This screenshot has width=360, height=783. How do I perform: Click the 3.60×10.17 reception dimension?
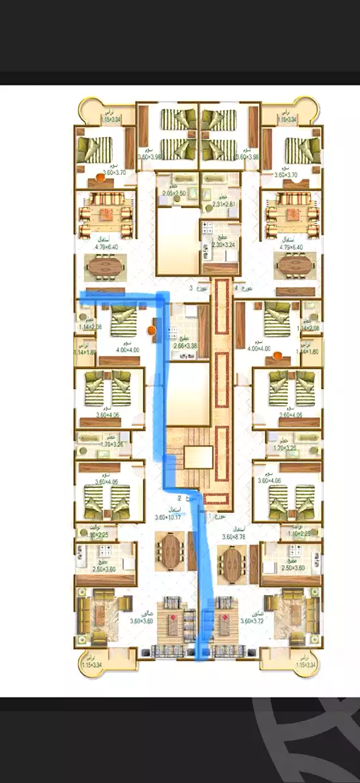click(x=169, y=517)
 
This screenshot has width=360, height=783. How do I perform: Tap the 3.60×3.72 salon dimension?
click(x=254, y=621)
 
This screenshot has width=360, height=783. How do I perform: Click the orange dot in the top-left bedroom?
click(x=101, y=176)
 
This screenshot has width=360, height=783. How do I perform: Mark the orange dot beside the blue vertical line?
click(x=151, y=331)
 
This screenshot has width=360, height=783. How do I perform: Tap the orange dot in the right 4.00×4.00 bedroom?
click(x=278, y=356)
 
